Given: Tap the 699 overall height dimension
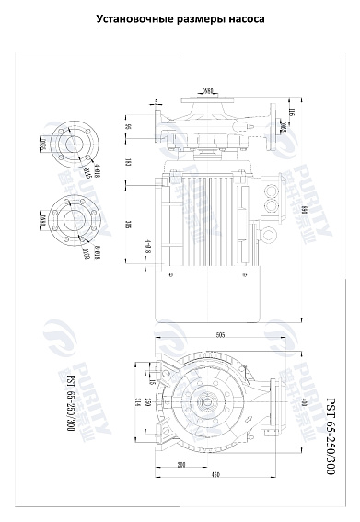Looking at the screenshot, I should pyautogui.click(x=303, y=212).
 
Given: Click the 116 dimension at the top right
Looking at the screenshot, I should pyautogui.click(x=291, y=112).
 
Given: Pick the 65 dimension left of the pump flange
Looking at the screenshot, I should pyautogui.click(x=128, y=127).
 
